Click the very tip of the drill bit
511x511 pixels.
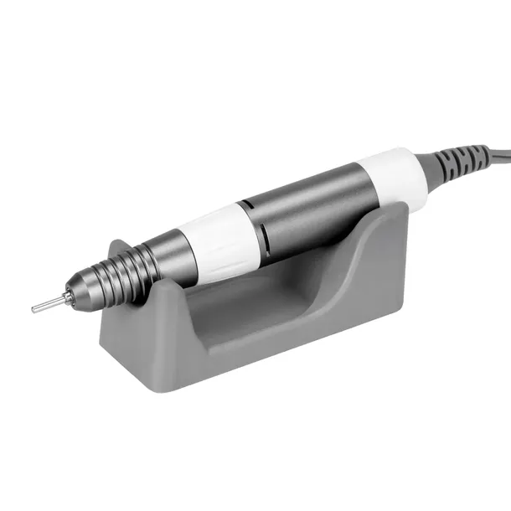point(34,308)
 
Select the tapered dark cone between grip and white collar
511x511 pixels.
point(164,256)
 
